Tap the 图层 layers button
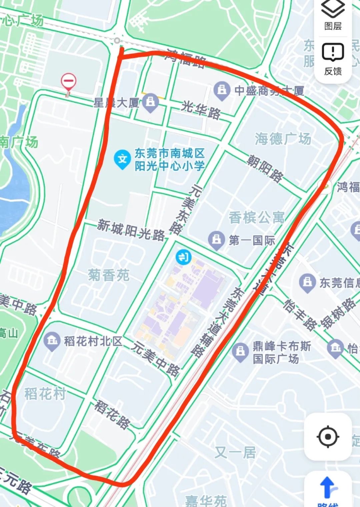pyautogui.click(x=333, y=15)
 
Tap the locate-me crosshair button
pyautogui.click(x=328, y=436)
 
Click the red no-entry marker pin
pyautogui.click(x=68, y=82)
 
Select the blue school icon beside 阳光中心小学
pyautogui.click(x=122, y=159)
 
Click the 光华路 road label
pyautogui.click(x=201, y=110)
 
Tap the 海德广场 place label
pyautogui.click(x=283, y=139)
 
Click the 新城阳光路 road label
pyautogui.click(x=131, y=230)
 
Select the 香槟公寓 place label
pyautogui.click(x=256, y=218)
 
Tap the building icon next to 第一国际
pyautogui.click(x=217, y=240)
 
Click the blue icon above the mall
pyautogui.click(x=183, y=257)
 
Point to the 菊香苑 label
pyautogui.click(x=109, y=275)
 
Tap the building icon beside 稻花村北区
pyautogui.click(x=52, y=341)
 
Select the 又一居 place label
pyautogui.click(x=235, y=452)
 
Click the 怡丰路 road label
pyautogui.click(x=300, y=315)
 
